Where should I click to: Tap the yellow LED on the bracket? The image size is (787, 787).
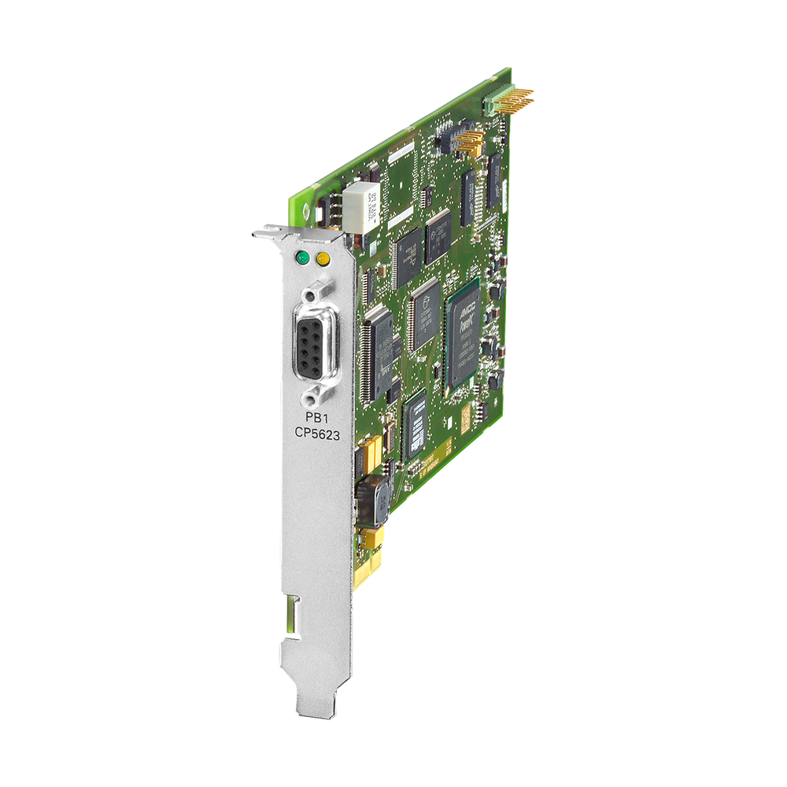click(321, 258)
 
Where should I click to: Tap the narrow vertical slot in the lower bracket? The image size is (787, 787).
click(296, 615)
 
